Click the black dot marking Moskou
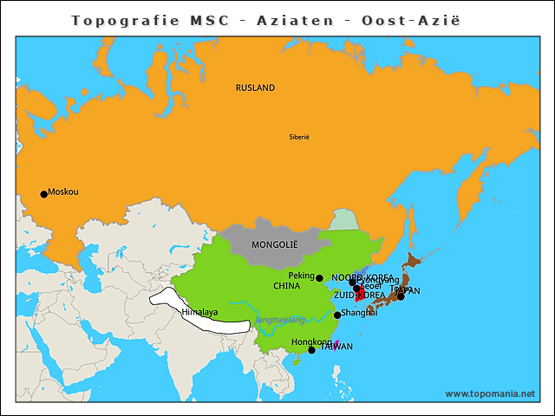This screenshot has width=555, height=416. [44, 194]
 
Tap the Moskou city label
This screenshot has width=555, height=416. [63, 192]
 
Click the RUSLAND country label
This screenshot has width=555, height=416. [255, 88]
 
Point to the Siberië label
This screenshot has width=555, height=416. [299, 137]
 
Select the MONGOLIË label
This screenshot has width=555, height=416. [274, 244]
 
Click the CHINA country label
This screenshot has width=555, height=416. [286, 285]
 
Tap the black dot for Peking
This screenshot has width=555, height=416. [319, 278]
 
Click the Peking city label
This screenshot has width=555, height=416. [301, 276]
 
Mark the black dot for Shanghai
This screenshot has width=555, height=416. [337, 315]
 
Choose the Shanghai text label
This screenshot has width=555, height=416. [359, 312]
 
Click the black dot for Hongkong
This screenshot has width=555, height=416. [311, 350]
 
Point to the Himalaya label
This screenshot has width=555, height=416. [199, 312]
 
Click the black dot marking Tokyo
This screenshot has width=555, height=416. [401, 296]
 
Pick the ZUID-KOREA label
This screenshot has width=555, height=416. [359, 295]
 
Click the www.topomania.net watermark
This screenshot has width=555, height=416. [490, 393]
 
